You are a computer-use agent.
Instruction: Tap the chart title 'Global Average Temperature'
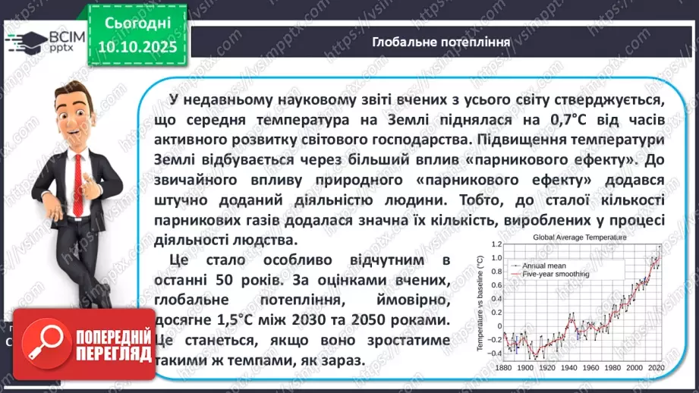580,237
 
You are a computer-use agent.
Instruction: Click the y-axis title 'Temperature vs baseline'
480,303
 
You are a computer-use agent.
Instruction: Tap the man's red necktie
74,163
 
